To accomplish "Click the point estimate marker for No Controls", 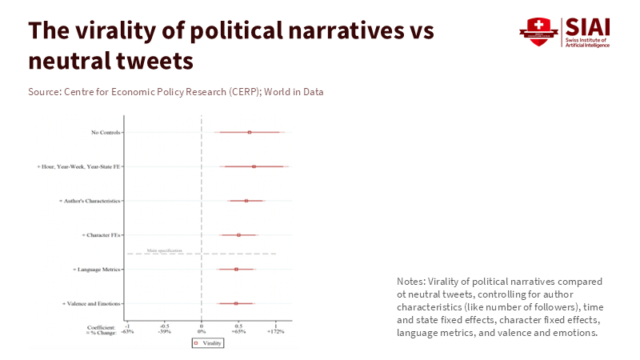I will point(250,132).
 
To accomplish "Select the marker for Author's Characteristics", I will point(246,201).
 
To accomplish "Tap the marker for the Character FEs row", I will point(238,235).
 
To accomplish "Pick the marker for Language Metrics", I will point(236,270).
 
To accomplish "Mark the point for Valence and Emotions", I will point(236,303).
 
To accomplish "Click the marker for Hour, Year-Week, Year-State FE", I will point(254,166).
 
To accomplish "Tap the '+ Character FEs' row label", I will point(101,235).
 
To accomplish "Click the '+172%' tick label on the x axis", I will point(275,330).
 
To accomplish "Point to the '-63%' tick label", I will point(128,330).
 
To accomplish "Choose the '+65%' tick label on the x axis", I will point(238,330).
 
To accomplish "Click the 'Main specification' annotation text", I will point(165,250).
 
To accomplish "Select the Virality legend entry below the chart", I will point(208,342).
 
